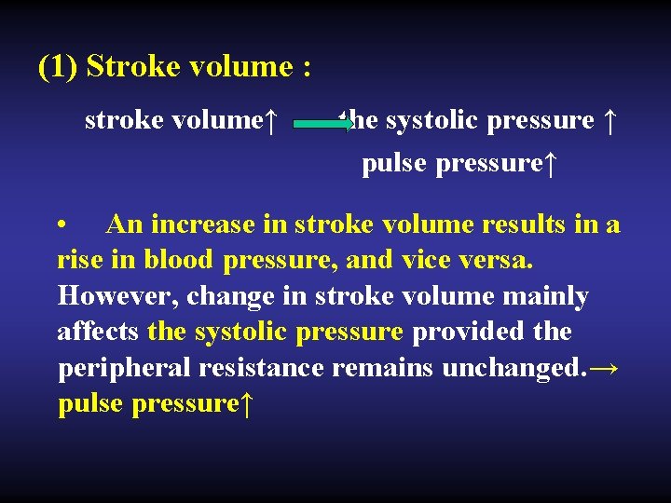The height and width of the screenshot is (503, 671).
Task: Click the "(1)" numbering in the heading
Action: coord(58,67)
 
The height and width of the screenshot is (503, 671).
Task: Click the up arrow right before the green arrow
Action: coord(270,121)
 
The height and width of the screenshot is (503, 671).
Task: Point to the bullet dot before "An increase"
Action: coord(62,226)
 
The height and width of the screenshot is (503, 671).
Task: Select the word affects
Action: coord(98,332)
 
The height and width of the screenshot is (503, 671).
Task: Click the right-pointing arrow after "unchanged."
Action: coord(604,368)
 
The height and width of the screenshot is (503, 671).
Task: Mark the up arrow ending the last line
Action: coord(247,404)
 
